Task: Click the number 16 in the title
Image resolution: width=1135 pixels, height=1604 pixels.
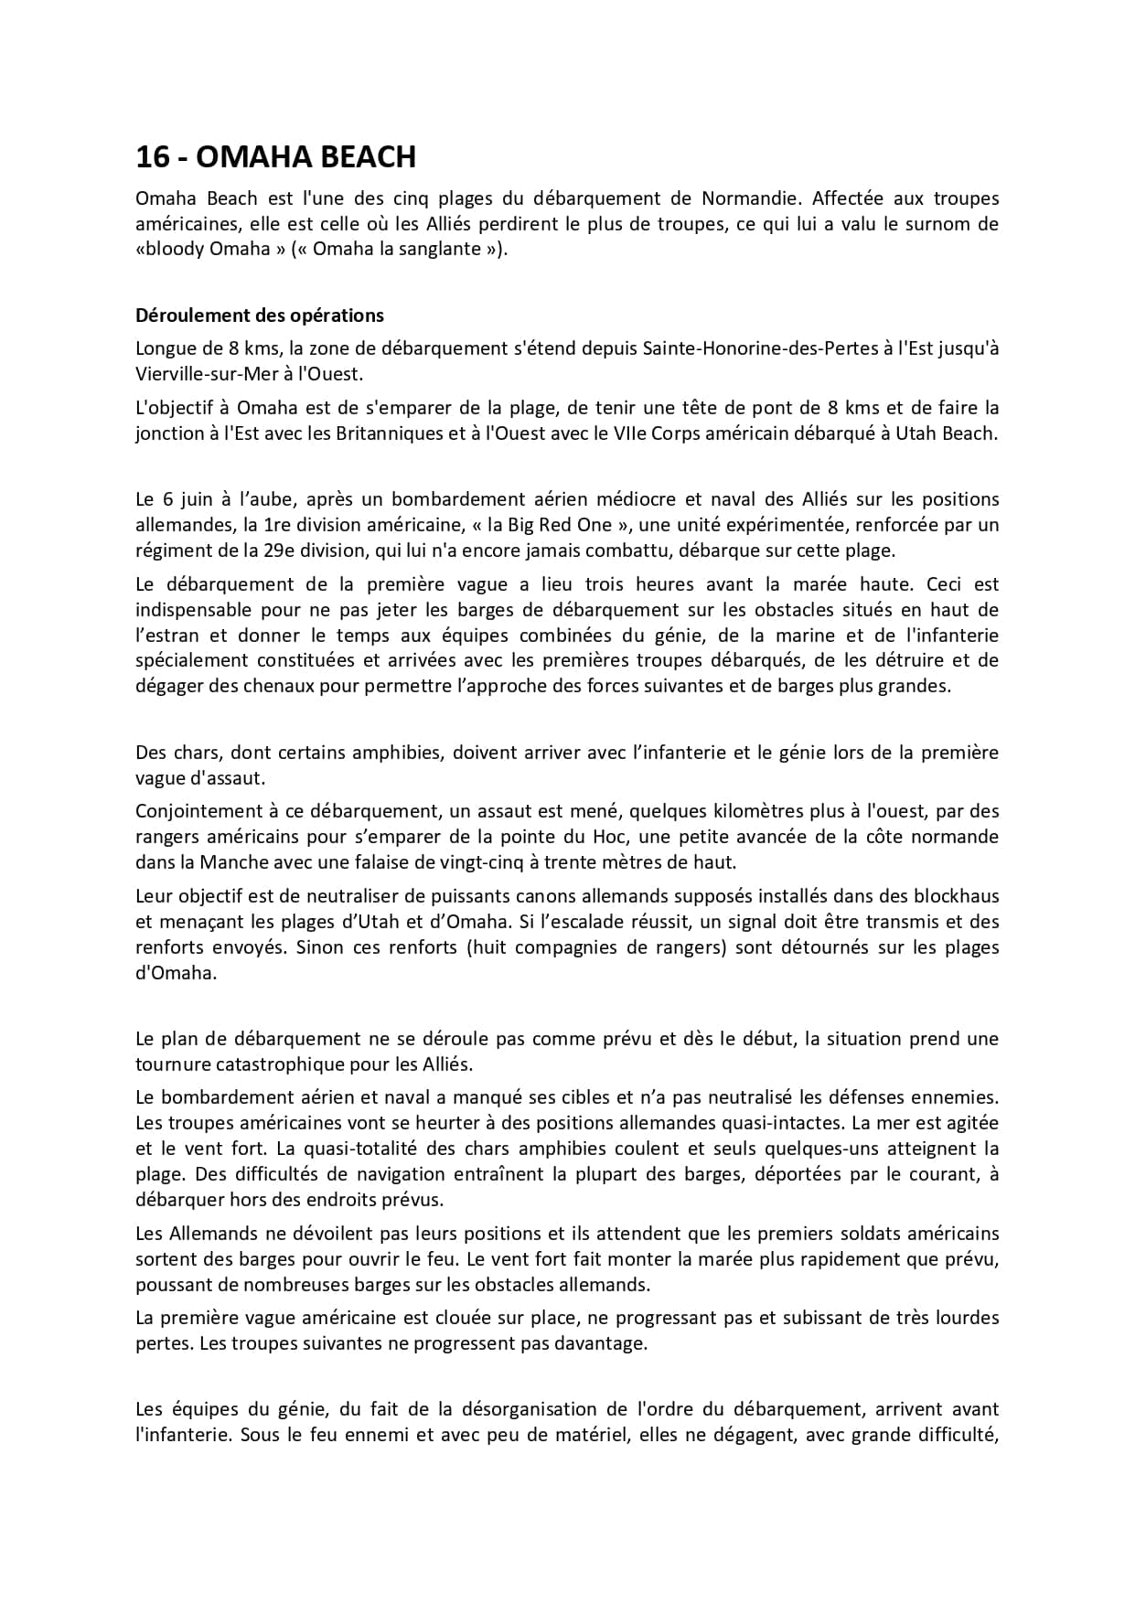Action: pyautogui.click(x=152, y=157)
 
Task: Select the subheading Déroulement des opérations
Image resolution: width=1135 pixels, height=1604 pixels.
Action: pyautogui.click(x=260, y=315)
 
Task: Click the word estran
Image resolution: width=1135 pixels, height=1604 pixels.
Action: pyautogui.click(x=161, y=636)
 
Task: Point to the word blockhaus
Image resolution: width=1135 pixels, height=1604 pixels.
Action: pyautogui.click(x=958, y=896)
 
